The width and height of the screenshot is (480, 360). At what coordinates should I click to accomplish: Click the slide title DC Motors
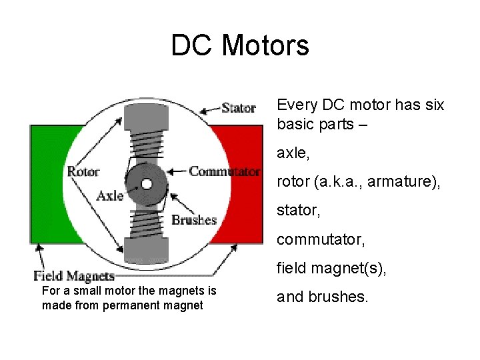pos(240,45)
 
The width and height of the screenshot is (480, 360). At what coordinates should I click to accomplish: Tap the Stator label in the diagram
pos(239,107)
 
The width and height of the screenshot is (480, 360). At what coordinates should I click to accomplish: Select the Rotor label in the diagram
pos(83,171)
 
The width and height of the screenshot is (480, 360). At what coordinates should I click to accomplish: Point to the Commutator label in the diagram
pos(224,171)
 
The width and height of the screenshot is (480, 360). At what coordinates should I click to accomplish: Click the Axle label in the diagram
pos(109,195)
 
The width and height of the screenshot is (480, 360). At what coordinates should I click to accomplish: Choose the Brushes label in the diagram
pos(194,219)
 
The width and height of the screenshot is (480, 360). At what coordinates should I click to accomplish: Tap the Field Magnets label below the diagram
pos(74,275)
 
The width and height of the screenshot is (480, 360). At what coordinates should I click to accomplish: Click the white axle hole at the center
pos(146,184)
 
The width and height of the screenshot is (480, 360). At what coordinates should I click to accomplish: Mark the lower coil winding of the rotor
pos(146,223)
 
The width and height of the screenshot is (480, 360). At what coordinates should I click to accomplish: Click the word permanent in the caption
pos(133,305)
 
